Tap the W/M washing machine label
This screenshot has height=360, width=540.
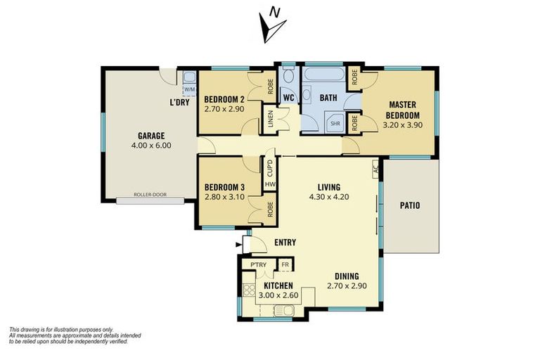[189, 89]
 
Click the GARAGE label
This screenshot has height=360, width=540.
[151, 136]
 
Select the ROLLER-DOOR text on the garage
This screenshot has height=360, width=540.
[150, 195]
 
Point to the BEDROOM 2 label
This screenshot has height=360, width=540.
[224, 100]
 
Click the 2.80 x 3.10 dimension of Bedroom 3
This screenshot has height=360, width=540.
[224, 198]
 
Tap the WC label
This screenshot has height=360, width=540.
[288, 98]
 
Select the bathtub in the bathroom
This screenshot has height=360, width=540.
[323, 75]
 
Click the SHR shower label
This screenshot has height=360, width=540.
[335, 123]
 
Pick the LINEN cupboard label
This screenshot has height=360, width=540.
[271, 119]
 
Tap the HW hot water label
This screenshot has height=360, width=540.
[270, 185]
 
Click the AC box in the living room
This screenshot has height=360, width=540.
[375, 169]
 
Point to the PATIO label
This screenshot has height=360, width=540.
[410, 206]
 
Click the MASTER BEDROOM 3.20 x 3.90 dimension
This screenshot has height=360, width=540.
[403, 125]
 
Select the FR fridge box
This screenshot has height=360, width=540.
[285, 264]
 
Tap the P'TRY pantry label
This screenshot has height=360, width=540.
[258, 264]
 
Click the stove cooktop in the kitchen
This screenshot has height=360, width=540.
[249, 290]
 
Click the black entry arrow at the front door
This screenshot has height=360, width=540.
[238, 245]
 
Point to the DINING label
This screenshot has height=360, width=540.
[347, 276]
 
